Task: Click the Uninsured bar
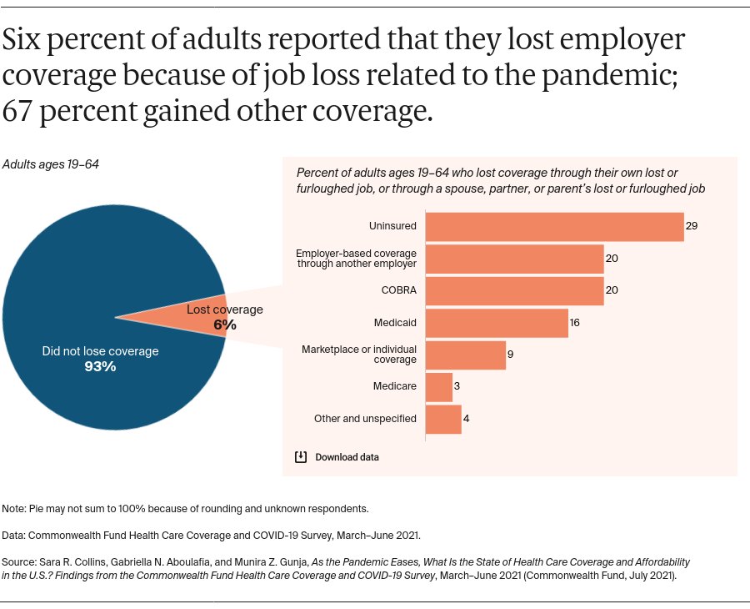tap(554, 226)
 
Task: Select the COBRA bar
tap(514, 291)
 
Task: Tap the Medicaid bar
tap(497, 323)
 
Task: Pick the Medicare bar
tap(438, 387)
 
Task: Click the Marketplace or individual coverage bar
tap(465, 355)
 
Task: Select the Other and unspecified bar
tap(443, 419)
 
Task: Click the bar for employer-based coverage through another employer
tap(514, 259)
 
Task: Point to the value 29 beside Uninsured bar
tap(692, 226)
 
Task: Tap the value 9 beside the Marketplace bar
tap(510, 355)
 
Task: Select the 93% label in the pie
tap(100, 366)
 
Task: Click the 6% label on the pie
tap(224, 325)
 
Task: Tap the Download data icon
tap(301, 457)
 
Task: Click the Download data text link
tap(347, 457)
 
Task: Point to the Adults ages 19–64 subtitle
tap(51, 164)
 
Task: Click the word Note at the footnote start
tap(14, 508)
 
